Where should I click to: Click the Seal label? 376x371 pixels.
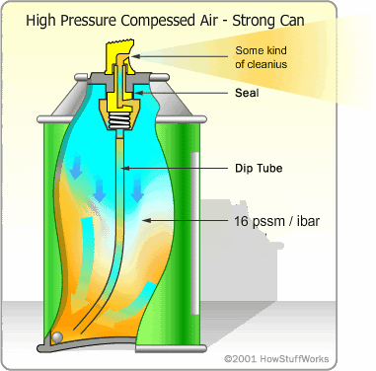[248, 95]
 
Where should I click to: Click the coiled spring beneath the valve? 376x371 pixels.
[120, 125]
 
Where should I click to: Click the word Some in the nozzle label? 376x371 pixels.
[250, 50]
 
